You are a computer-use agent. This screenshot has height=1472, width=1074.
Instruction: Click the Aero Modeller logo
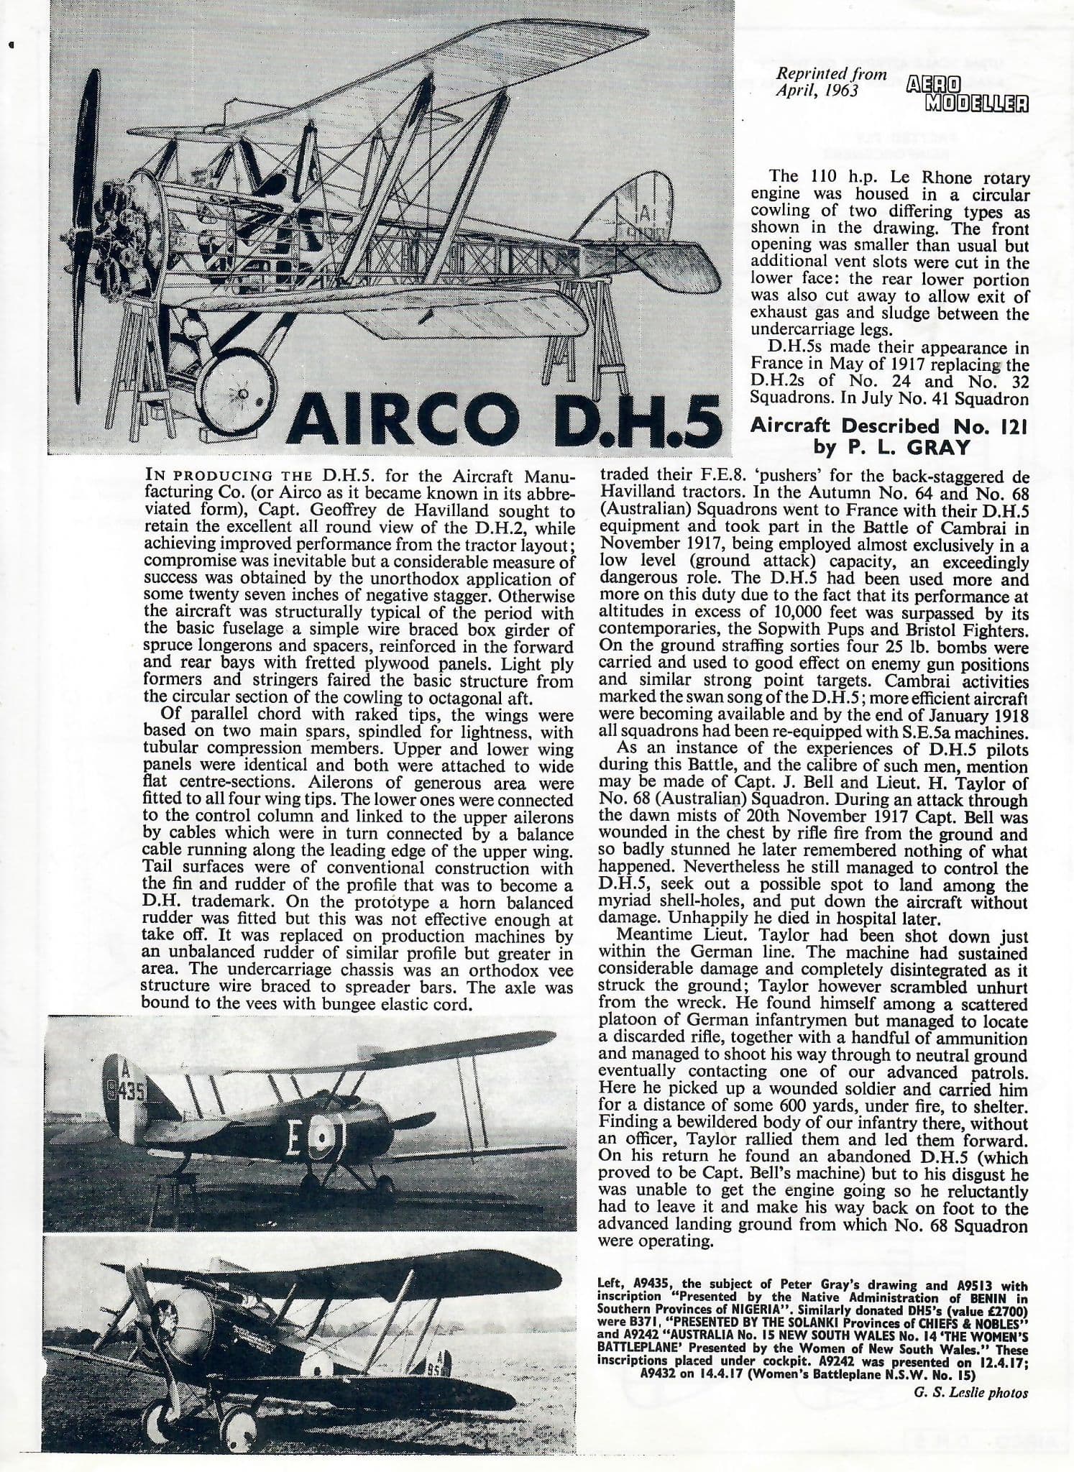[x=965, y=95]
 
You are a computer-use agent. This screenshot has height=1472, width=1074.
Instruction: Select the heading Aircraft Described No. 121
[x=889, y=425]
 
